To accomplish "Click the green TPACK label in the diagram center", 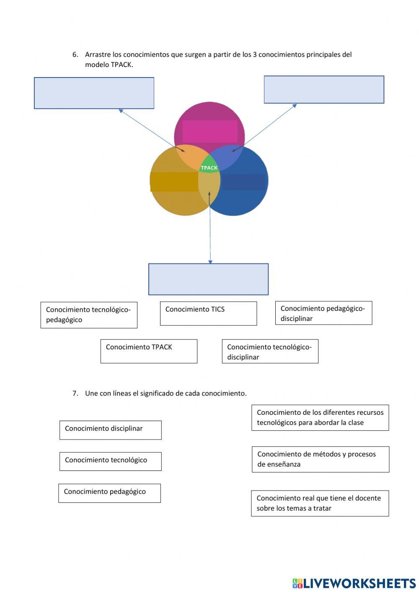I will click(209, 168).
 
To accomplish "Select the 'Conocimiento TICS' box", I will click(208, 313).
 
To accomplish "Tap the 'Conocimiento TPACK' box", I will click(149, 351).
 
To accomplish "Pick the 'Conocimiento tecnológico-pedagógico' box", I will click(89, 315).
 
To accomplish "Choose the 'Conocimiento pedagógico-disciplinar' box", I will click(323, 313).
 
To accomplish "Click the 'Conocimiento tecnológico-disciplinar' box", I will click(270, 352).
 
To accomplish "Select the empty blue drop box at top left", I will click(94, 93).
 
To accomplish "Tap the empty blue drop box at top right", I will click(324, 90).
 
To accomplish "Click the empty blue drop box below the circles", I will click(208, 279).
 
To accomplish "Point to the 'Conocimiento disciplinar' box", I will click(110, 430).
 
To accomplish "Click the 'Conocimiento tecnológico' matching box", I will click(110, 461).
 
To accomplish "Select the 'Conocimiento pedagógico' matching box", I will click(109, 493).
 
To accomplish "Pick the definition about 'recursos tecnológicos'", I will click(320, 417).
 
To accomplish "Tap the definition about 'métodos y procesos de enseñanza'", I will click(321, 459).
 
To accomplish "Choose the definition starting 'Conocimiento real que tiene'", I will click(320, 503).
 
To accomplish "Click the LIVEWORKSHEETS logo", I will click(354, 583).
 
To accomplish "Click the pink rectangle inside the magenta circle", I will click(210, 131).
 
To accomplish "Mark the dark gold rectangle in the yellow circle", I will click(174, 182).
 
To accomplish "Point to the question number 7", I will click(75, 393).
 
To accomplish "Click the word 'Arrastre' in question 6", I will click(98, 54).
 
